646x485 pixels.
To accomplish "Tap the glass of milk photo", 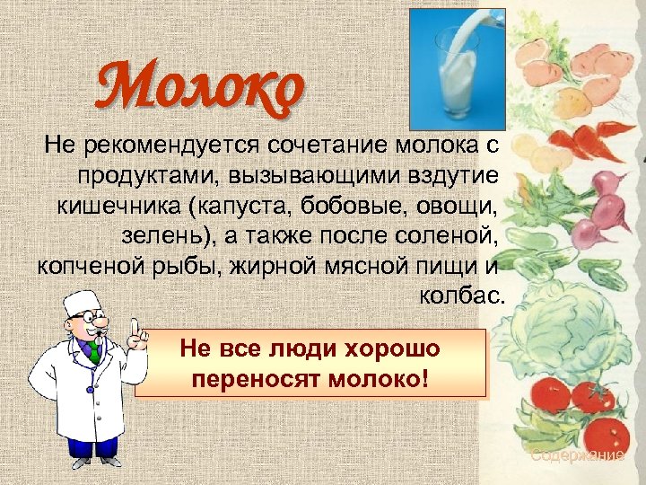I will coord(457,70).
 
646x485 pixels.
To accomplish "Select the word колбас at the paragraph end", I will coord(462,297).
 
